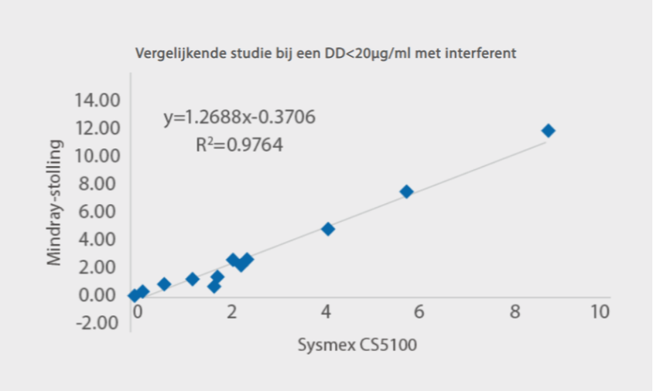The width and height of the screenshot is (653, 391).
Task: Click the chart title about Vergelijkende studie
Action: pos(326,54)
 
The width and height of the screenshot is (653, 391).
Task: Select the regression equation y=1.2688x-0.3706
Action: pos(239,118)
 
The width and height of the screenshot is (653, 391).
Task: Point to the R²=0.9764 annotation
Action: pos(239,144)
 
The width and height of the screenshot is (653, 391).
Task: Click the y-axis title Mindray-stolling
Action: pos(54,202)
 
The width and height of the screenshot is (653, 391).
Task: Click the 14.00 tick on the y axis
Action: pos(97,100)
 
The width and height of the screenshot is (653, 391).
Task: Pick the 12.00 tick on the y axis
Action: pos(97,127)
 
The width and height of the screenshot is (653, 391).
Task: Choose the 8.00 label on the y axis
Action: pos(101,183)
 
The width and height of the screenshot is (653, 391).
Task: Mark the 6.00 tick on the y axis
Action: pos(101,211)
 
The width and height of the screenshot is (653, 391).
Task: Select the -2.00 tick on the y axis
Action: pos(98,322)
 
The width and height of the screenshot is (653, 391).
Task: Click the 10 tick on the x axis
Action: pos(600,312)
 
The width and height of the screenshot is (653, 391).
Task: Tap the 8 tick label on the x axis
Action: pos(515,312)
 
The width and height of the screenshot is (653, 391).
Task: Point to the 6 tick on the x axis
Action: pos(419,312)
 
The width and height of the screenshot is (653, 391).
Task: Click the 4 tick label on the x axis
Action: pos(325,312)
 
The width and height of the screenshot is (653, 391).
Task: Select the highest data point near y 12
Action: pos(549,131)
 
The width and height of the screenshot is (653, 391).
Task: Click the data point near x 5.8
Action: pos(406,192)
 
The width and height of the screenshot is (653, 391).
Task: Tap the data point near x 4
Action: pos(328,229)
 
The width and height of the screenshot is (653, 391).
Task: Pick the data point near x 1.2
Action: pos(193,279)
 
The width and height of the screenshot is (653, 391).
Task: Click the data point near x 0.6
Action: pos(164,284)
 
